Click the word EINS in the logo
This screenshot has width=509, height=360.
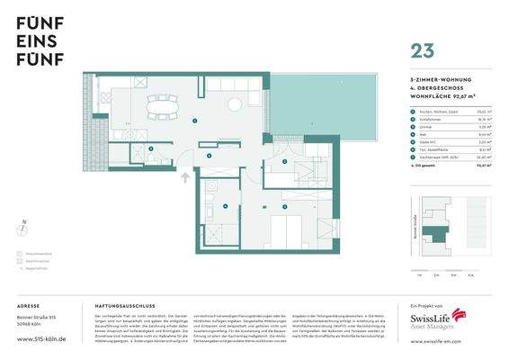pos(34,42)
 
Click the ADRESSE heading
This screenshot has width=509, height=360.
pos(28,305)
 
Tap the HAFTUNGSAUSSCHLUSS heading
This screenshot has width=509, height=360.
pos(119,305)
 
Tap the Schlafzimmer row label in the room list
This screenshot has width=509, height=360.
pos(421,116)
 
